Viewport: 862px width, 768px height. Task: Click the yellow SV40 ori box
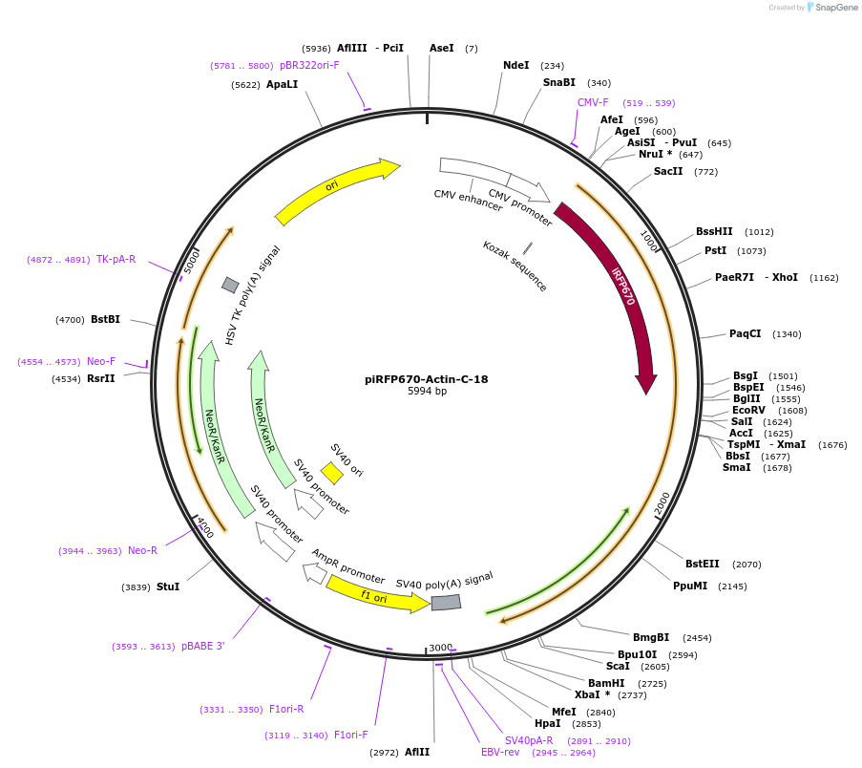tap(332, 473)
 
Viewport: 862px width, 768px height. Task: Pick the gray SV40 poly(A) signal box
tap(446, 603)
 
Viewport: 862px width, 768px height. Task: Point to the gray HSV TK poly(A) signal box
tap(230, 285)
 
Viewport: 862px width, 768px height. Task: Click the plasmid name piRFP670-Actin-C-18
tap(426, 379)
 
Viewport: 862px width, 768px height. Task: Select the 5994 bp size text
tap(427, 392)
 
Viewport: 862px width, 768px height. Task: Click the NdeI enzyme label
tap(515, 65)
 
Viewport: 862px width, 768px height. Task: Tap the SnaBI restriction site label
tap(559, 82)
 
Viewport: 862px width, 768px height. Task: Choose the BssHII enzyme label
tap(714, 231)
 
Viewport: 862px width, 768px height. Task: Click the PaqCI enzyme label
tap(746, 333)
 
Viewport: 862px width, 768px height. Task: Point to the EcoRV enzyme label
tap(748, 410)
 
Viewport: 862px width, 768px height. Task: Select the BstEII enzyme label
tap(703, 564)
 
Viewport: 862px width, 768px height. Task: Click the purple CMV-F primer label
tap(593, 102)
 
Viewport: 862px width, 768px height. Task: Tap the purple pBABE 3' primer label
tap(203, 646)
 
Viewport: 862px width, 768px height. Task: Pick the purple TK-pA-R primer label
tap(116, 259)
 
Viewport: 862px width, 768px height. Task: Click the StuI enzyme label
tap(168, 587)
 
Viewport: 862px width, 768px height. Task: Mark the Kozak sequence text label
tap(515, 267)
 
